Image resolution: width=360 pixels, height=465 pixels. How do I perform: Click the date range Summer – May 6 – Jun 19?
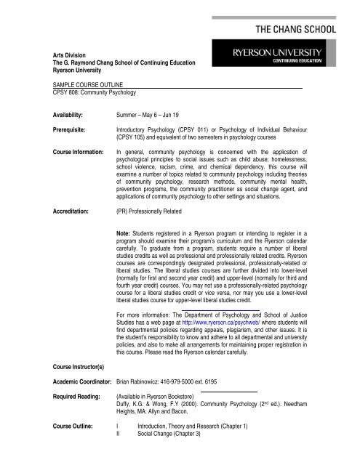coord(161,115)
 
